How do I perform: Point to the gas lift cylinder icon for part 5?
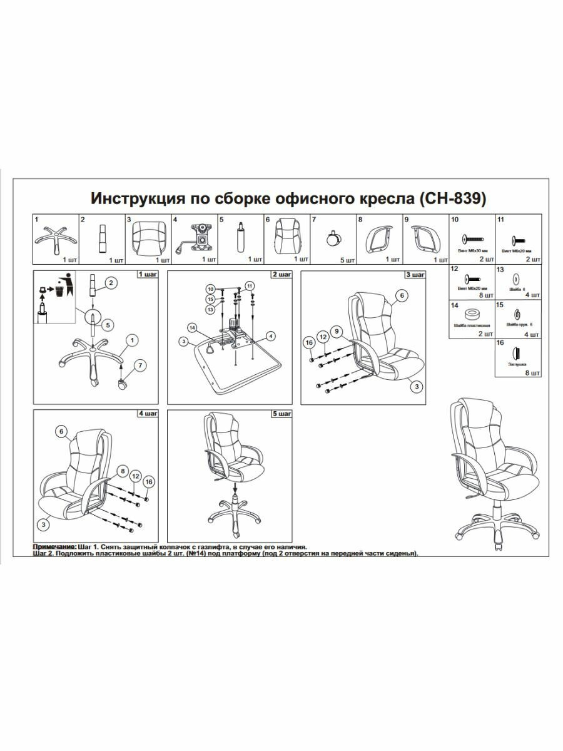(240, 238)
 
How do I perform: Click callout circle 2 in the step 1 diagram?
(111, 284)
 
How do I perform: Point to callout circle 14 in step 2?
(192, 327)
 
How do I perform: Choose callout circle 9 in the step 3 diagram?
(337, 330)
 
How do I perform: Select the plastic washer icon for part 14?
(470, 314)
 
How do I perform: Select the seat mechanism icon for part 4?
(195, 238)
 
